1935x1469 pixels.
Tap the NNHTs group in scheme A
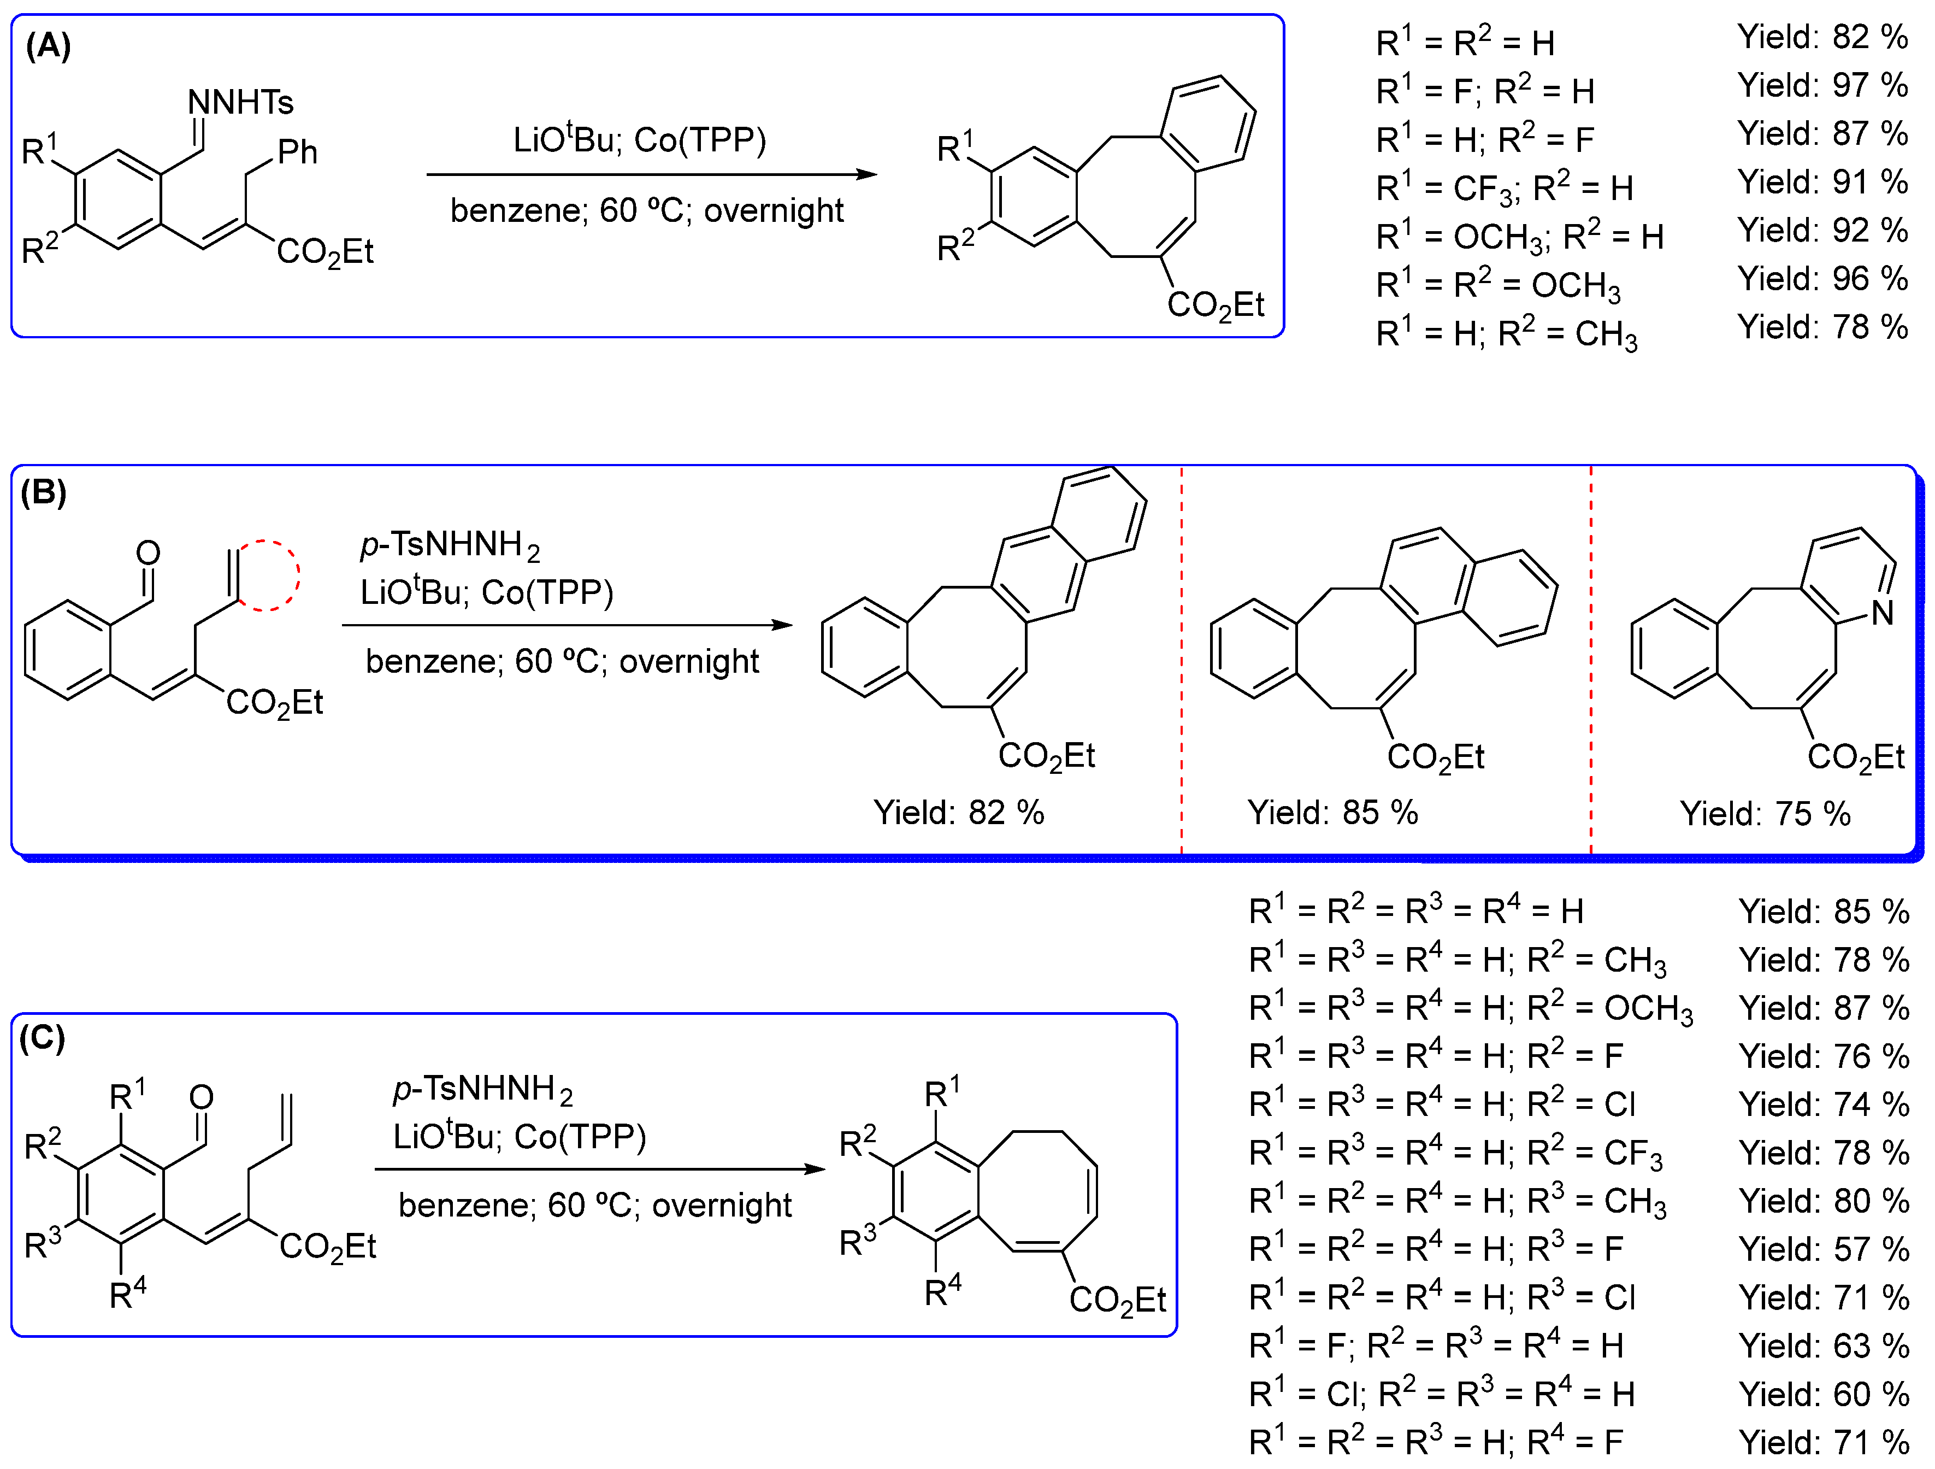(240, 102)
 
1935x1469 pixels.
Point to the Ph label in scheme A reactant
(297, 152)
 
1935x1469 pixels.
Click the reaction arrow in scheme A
(652, 174)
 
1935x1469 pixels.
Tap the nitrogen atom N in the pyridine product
(1883, 613)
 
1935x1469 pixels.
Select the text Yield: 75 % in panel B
(1765, 814)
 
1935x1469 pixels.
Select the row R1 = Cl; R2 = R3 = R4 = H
(1442, 1394)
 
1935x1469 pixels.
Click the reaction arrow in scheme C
(600, 1169)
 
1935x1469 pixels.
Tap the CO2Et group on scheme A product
(1216, 304)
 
